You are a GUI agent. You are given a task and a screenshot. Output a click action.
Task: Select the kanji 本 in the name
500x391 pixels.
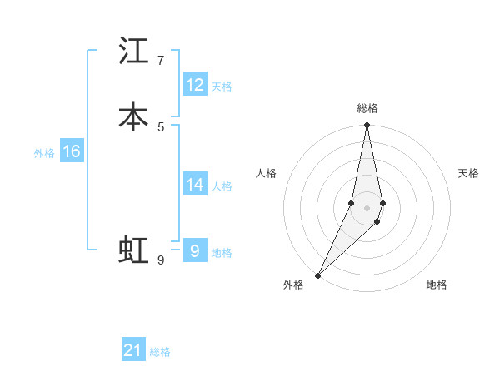pyautogui.click(x=134, y=116)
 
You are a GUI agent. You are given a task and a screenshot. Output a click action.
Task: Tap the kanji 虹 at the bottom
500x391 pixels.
pyautogui.click(x=134, y=250)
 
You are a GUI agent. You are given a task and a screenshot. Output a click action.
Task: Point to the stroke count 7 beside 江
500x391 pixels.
pyautogui.click(x=160, y=61)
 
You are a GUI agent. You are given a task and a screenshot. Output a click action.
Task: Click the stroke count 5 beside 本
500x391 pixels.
pyautogui.click(x=161, y=126)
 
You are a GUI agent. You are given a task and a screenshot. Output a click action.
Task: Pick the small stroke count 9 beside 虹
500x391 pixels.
pyautogui.click(x=161, y=260)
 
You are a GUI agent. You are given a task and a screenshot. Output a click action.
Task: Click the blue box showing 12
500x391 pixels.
pyautogui.click(x=195, y=85)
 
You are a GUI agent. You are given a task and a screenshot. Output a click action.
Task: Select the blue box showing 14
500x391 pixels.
pyautogui.click(x=195, y=185)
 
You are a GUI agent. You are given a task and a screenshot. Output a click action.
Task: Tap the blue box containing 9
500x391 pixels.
pyautogui.click(x=195, y=250)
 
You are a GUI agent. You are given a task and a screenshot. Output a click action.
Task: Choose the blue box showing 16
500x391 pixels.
pyautogui.click(x=71, y=151)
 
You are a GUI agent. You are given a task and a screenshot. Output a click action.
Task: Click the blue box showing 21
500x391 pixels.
pyautogui.click(x=133, y=350)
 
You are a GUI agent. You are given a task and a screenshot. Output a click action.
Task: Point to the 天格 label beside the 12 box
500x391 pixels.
pyautogui.click(x=222, y=87)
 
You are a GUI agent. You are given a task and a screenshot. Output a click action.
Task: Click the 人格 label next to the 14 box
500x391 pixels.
pyautogui.click(x=222, y=186)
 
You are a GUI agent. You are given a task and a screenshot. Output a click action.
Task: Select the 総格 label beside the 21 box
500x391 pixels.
pyautogui.click(x=160, y=352)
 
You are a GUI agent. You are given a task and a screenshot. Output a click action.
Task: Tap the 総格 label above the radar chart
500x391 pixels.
pyautogui.click(x=367, y=108)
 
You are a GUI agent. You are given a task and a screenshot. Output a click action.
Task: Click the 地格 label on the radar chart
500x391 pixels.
pyautogui.click(x=437, y=285)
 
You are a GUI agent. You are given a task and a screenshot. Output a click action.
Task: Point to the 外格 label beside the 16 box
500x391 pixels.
pyautogui.click(x=44, y=153)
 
